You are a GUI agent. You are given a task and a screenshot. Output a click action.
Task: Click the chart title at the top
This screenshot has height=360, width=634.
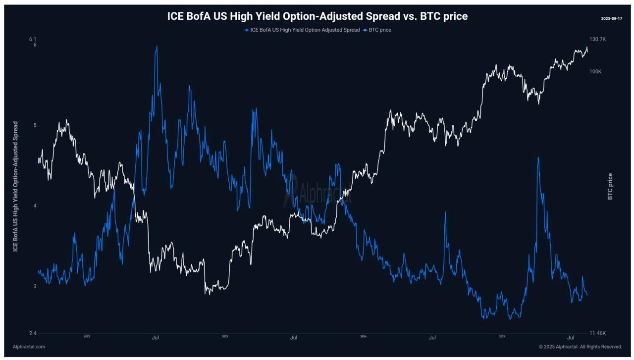click(x=317, y=16)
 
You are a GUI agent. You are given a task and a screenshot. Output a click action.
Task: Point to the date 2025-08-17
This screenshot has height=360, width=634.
click(x=611, y=18)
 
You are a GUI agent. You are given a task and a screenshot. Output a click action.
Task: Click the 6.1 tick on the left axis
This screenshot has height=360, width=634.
click(x=33, y=39)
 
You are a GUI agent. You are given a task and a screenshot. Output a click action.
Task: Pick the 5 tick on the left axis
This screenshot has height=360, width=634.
click(x=35, y=125)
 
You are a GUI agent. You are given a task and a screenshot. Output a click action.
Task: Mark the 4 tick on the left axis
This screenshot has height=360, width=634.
click(x=35, y=206)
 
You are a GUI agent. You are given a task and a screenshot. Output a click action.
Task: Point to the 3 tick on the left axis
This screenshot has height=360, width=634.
click(x=35, y=287)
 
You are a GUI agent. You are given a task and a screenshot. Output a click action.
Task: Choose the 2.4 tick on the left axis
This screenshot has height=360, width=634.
click(x=33, y=333)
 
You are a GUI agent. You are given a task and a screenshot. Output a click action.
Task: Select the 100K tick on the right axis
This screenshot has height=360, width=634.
click(x=595, y=72)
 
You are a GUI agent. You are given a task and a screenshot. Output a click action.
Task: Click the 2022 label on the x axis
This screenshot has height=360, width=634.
click(x=87, y=337)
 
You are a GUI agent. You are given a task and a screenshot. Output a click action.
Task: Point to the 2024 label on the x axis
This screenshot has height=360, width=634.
click(x=363, y=337)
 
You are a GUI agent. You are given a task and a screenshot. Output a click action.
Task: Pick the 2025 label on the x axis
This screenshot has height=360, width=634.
click(x=502, y=337)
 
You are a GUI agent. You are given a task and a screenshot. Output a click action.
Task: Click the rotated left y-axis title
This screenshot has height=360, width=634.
click(x=15, y=186)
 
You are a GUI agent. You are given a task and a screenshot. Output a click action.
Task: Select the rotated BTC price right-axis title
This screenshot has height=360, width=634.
click(x=610, y=186)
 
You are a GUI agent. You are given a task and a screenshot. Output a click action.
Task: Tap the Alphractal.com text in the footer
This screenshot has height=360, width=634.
click(x=29, y=347)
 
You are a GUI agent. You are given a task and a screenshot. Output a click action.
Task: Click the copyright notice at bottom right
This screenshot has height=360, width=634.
click(x=580, y=347)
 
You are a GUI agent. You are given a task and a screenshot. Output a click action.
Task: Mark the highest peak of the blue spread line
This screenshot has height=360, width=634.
click(x=157, y=47)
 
